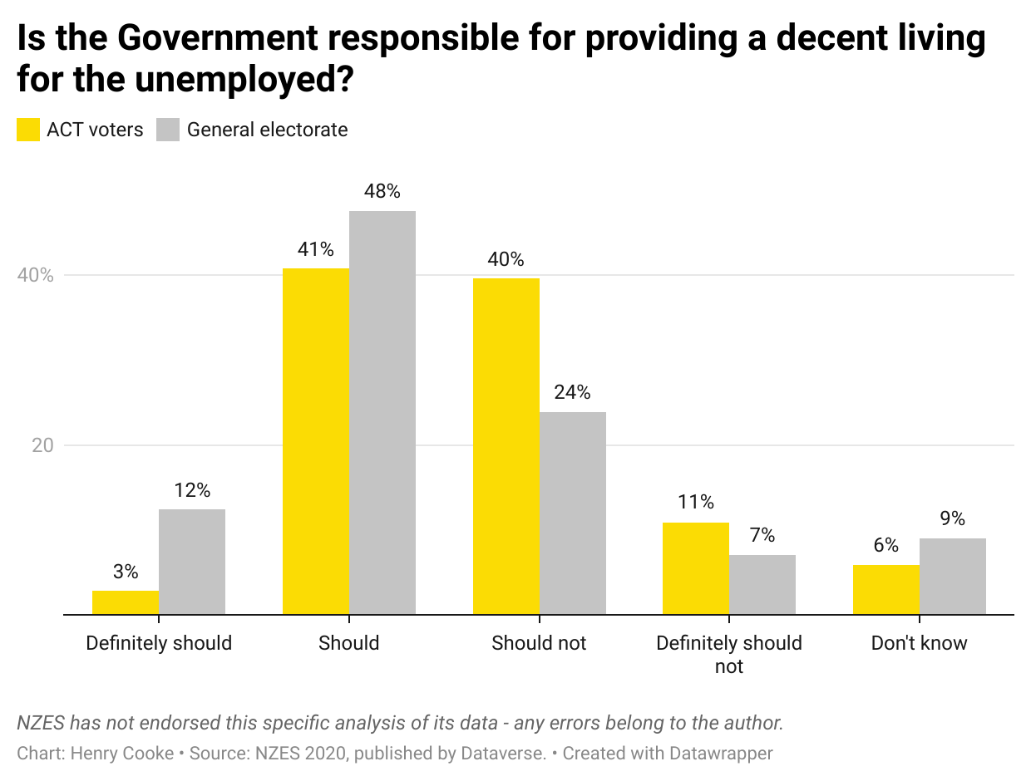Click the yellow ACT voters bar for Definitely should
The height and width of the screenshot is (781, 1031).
click(126, 602)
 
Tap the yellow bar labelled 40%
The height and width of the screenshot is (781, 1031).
click(506, 446)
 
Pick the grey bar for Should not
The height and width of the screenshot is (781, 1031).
click(572, 513)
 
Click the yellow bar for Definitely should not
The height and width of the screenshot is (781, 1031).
click(696, 568)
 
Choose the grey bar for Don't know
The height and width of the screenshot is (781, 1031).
click(952, 577)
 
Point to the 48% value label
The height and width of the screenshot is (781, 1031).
click(382, 192)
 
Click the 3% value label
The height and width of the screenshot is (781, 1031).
click(126, 572)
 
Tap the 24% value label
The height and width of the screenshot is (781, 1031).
click(572, 392)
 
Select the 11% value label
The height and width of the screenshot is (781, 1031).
click(696, 502)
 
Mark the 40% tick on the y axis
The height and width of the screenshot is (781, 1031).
click(36, 276)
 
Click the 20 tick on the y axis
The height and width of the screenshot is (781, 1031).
click(42, 445)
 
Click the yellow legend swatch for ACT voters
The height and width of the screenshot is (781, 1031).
click(28, 130)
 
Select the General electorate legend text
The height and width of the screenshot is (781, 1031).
click(267, 130)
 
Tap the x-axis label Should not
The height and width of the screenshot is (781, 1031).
click(539, 643)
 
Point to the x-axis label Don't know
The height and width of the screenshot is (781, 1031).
click(919, 643)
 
